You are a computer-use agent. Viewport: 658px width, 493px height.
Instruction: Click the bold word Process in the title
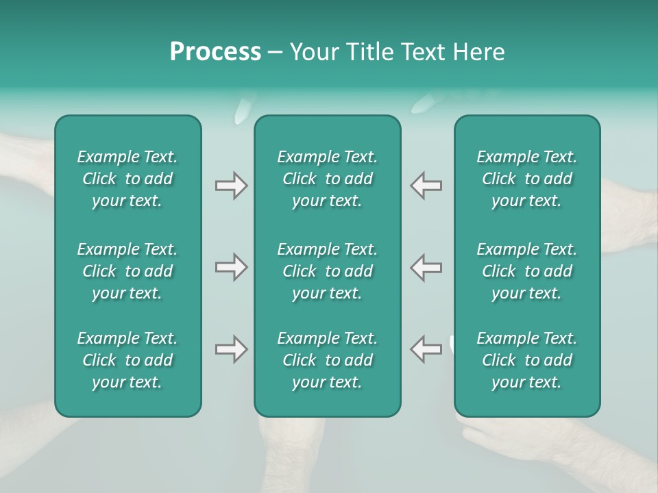click(x=215, y=52)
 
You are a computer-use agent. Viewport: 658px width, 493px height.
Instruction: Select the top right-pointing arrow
click(x=231, y=186)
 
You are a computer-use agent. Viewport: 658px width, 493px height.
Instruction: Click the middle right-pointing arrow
click(x=231, y=267)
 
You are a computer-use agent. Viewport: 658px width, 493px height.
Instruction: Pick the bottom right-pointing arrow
click(x=231, y=349)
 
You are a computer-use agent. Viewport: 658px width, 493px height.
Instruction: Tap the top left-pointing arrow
click(x=426, y=186)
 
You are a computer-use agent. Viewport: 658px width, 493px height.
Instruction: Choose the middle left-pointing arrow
click(x=426, y=267)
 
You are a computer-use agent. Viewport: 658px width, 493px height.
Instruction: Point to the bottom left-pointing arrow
click(x=426, y=349)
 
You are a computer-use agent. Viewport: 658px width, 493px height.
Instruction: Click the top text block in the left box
click(x=127, y=179)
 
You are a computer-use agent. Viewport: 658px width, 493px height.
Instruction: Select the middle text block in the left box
click(x=127, y=271)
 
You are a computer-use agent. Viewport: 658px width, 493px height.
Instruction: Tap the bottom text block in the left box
click(x=127, y=360)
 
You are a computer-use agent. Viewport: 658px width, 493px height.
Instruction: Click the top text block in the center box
click(x=327, y=179)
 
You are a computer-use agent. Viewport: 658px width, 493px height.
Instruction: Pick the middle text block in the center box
click(x=327, y=271)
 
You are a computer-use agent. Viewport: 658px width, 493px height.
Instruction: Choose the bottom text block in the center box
click(x=327, y=360)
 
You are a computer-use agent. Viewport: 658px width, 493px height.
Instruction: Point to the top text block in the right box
click(x=527, y=179)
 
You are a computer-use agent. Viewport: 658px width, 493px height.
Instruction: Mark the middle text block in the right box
click(x=527, y=271)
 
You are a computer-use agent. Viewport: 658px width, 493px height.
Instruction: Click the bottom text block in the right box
click(x=527, y=360)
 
